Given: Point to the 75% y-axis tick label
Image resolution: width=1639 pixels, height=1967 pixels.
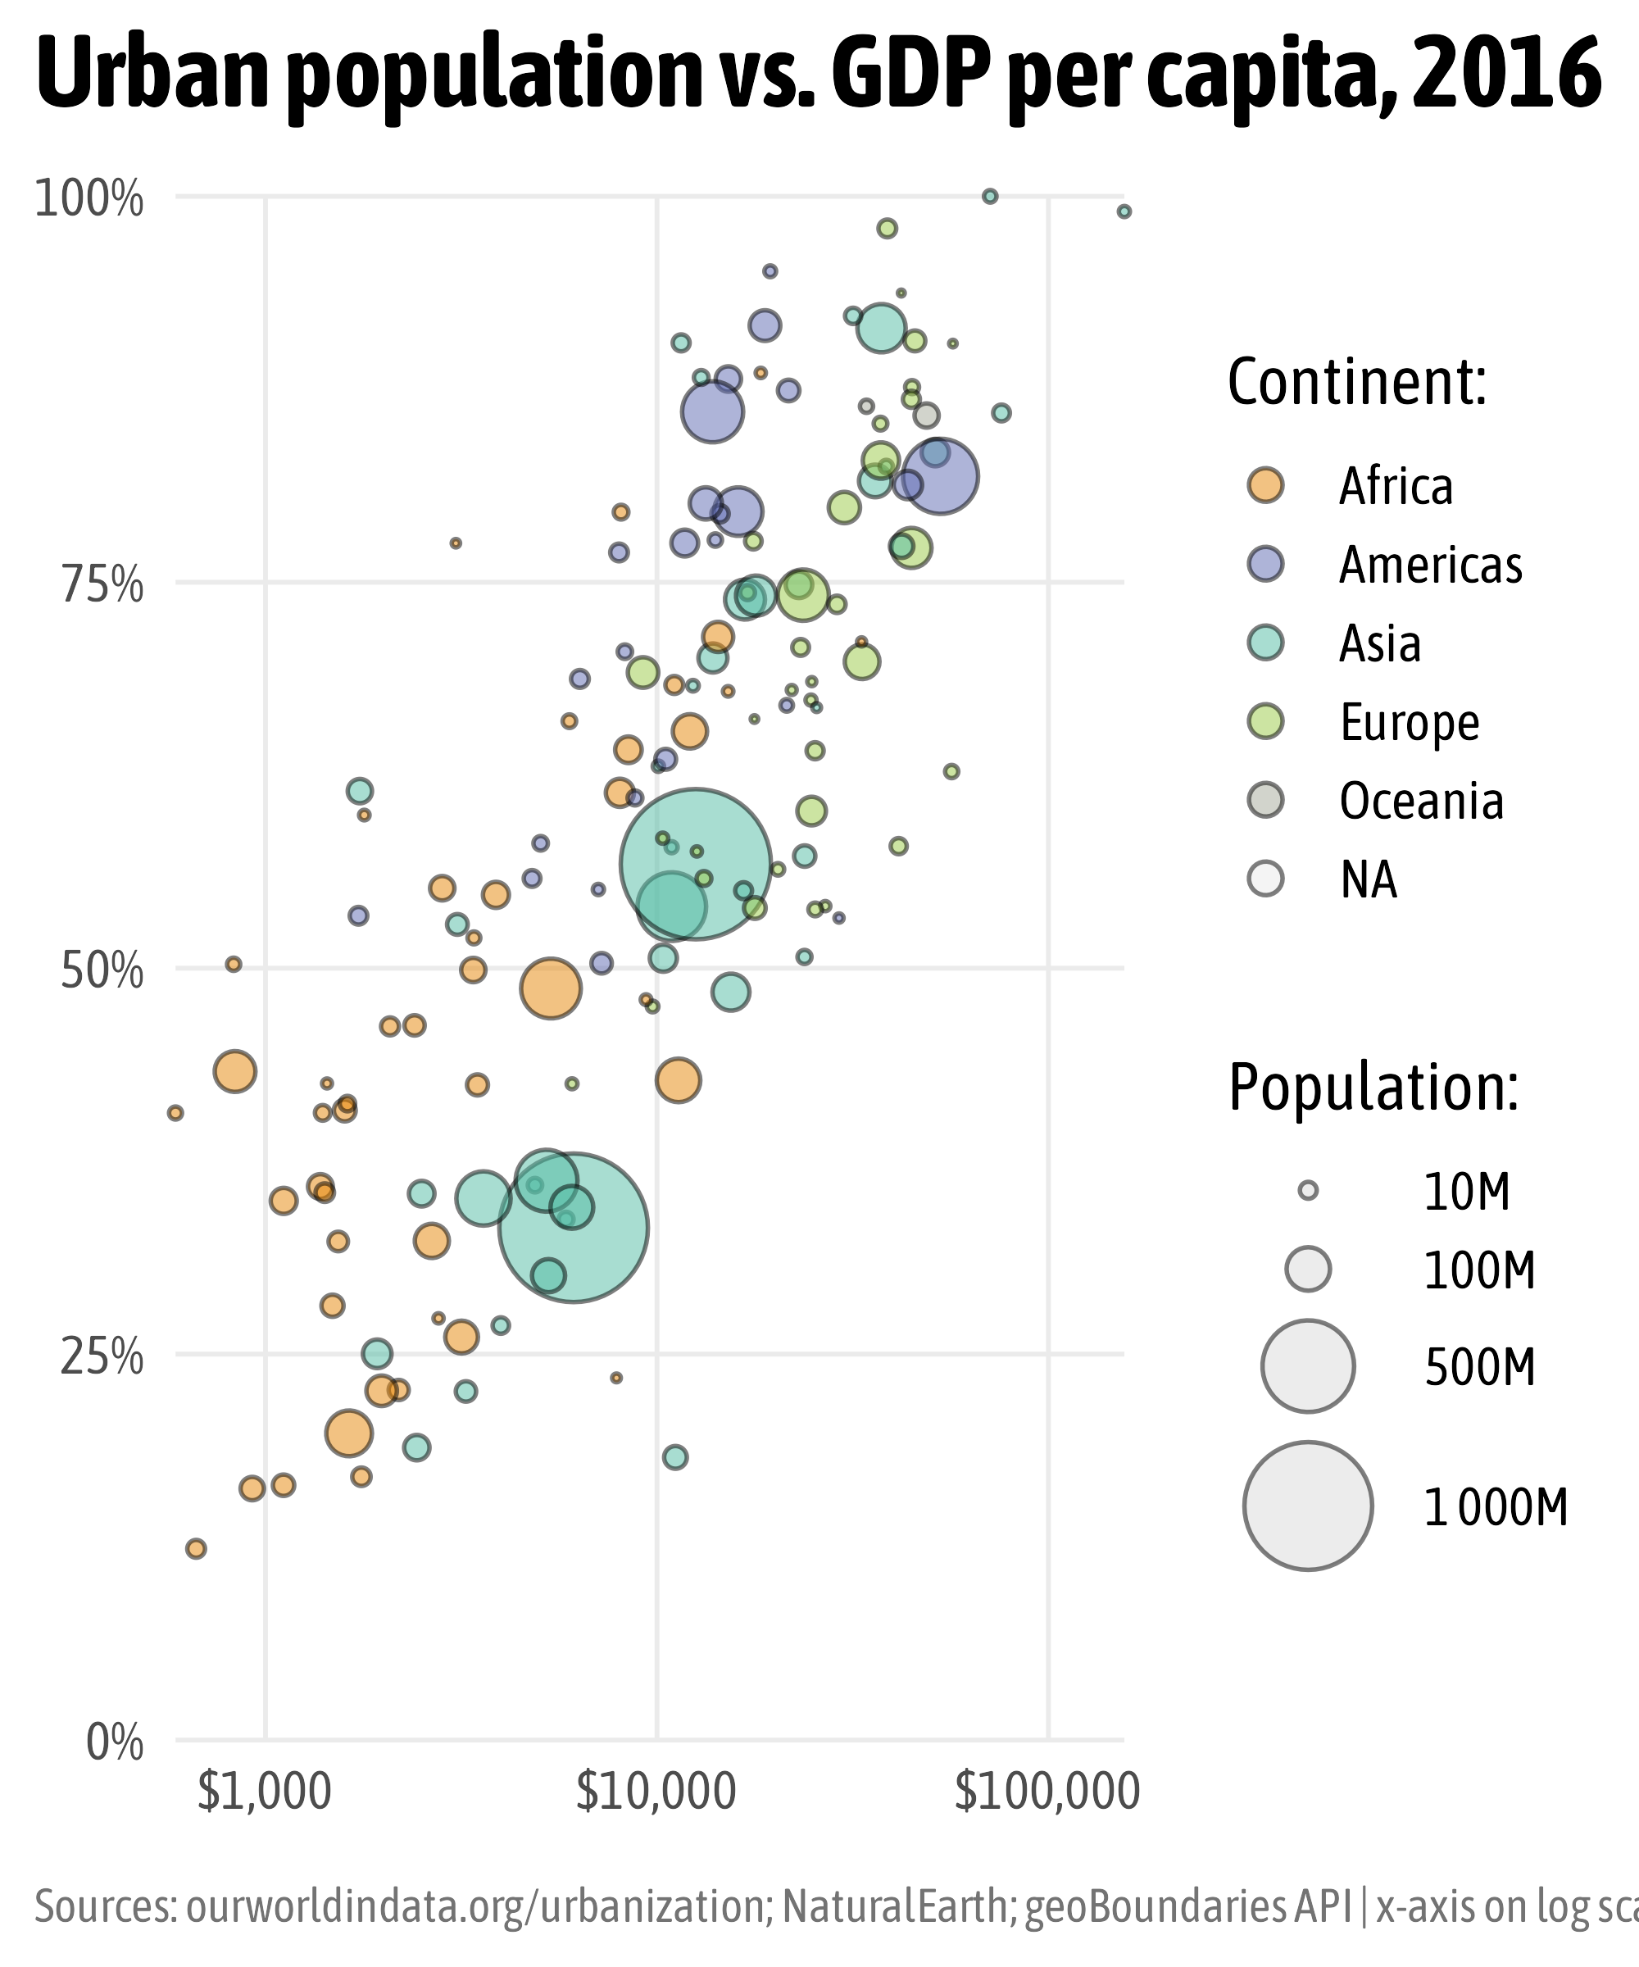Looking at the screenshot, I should [102, 586].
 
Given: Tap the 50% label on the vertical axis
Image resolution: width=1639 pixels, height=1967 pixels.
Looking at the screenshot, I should [102, 972].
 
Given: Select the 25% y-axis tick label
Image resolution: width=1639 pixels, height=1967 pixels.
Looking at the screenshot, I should [102, 1357].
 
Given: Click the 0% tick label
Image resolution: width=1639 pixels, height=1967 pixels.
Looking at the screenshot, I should [114, 1743].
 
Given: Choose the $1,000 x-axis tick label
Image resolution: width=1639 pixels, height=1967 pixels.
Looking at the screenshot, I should [265, 1792].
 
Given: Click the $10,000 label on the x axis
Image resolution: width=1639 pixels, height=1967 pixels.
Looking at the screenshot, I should [656, 1792].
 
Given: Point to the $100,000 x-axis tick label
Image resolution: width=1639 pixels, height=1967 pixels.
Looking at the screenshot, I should [1047, 1792].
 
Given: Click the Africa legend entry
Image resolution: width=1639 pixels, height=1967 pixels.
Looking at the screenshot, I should [1396, 486].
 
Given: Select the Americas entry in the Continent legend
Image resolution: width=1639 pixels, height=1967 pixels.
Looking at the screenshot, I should [1430, 565].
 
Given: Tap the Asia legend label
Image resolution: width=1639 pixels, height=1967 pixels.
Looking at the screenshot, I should [1379, 643].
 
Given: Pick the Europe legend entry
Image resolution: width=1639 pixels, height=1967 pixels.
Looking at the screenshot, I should [1409, 722].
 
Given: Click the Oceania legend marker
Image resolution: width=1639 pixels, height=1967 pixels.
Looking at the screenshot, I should [1266, 800].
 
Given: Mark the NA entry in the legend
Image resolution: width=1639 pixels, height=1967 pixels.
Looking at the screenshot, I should [1368, 879].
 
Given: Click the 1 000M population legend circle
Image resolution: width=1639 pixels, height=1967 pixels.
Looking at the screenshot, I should [1307, 1506].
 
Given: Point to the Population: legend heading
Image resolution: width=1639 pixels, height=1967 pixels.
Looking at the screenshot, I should [1373, 1088].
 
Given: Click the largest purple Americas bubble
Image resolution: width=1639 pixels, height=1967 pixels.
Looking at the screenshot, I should [940, 477].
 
